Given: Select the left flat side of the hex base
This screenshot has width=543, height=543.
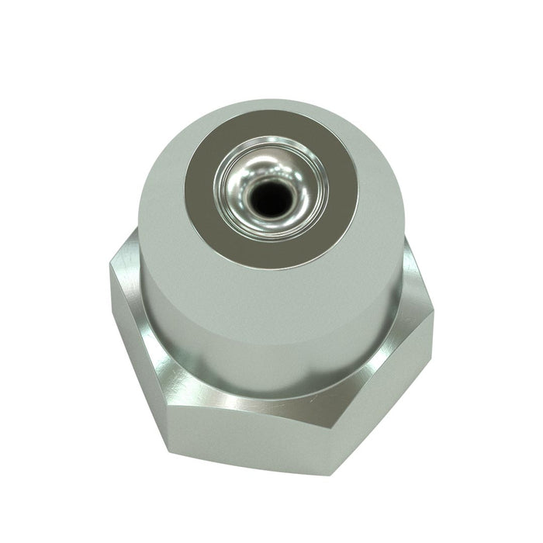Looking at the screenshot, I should (x=136, y=349).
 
